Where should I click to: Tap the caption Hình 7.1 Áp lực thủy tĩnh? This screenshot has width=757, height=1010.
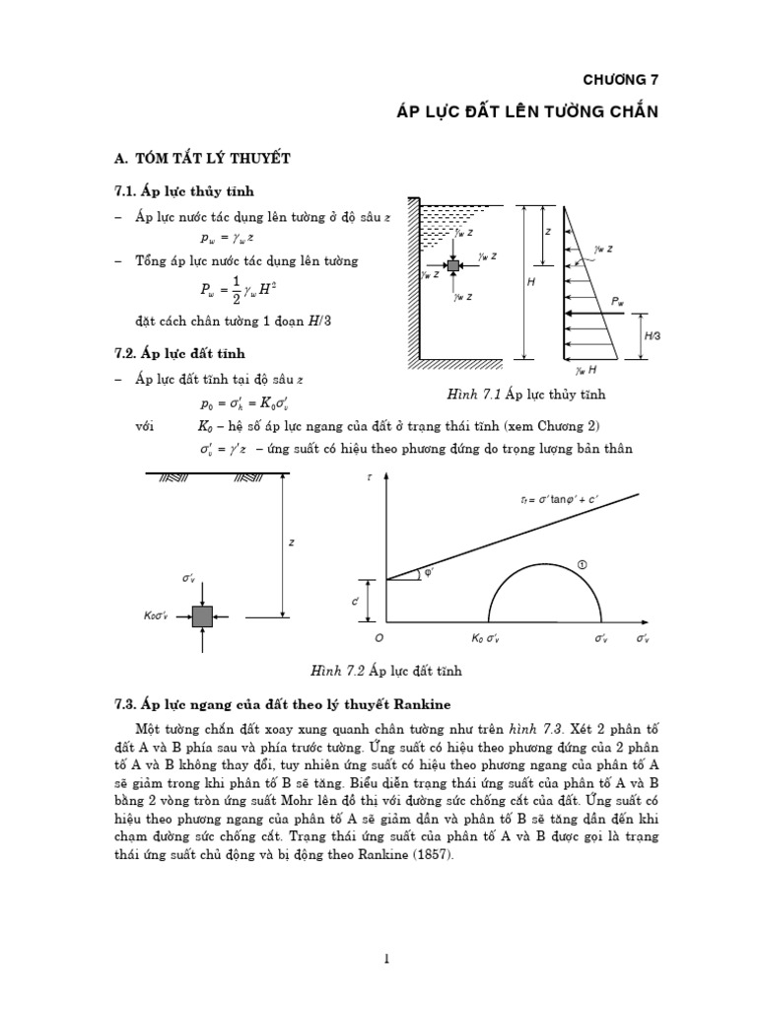pyautogui.click(x=525, y=395)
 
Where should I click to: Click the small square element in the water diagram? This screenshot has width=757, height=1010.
pyautogui.click(x=453, y=266)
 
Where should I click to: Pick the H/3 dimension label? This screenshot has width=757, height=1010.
pyautogui.click(x=653, y=336)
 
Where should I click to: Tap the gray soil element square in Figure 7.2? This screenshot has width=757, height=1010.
pyautogui.click(x=202, y=616)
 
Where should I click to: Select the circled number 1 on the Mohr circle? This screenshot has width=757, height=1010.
pyautogui.click(x=583, y=564)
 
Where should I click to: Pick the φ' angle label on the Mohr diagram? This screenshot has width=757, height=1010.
pyautogui.click(x=429, y=573)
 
